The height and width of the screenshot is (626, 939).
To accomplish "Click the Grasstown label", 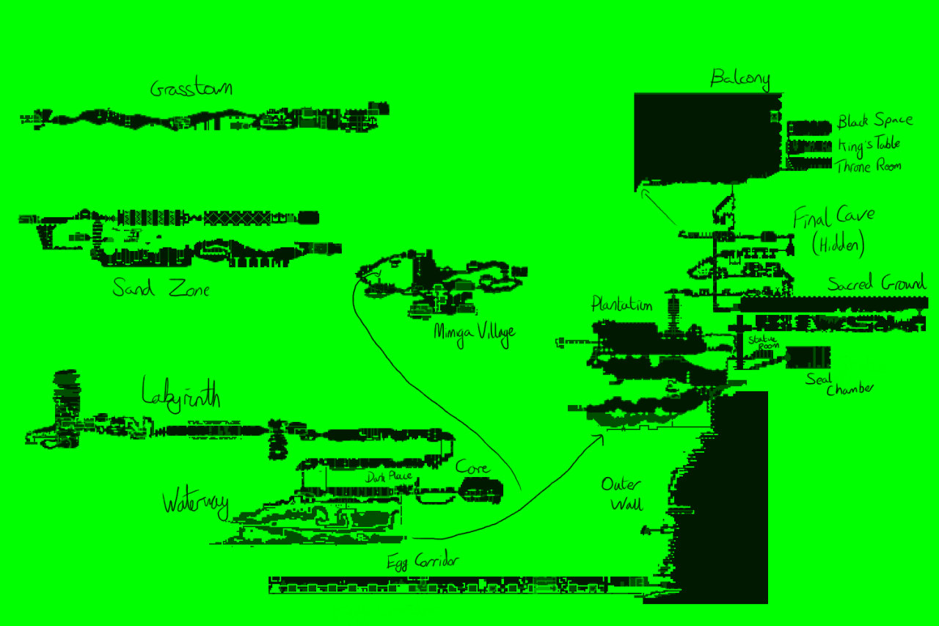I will click(191, 89).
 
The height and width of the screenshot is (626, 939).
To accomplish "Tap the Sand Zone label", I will click(161, 288).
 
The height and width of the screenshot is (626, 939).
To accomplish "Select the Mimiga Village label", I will click(474, 331).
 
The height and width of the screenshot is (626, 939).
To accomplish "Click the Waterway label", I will click(195, 504).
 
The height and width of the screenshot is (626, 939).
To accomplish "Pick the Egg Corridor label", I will click(423, 562).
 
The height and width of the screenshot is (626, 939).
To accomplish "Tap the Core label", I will click(472, 467).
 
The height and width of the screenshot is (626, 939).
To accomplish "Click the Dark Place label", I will click(388, 477).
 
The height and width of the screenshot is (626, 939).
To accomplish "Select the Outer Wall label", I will click(621, 494).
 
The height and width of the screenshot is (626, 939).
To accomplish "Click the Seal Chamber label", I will click(838, 384).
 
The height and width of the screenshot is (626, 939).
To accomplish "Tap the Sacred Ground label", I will click(877, 283).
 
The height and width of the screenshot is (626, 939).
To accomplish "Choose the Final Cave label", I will click(833, 217).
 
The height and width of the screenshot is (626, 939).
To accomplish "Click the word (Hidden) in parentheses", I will click(838, 244).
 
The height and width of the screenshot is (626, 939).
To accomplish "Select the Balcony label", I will click(739, 79).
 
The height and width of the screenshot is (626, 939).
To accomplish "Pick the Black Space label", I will click(875, 120).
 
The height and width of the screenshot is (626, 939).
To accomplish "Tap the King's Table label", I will click(869, 144).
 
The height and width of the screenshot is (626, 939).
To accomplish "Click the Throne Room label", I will click(869, 167).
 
